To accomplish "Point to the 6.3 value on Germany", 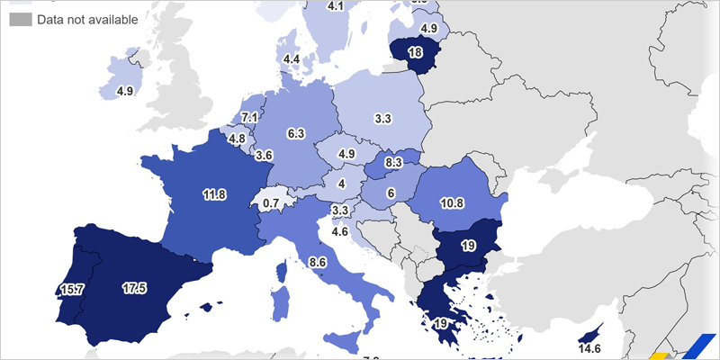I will tap(295, 133).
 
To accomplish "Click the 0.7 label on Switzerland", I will tap(270, 203).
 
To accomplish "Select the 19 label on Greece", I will tap(441, 323).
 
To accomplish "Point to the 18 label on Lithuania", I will tap(415, 52).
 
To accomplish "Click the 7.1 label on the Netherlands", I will tap(250, 118).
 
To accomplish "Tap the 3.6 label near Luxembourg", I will tap(264, 155).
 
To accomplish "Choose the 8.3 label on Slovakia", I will tap(392, 163).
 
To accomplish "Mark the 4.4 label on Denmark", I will tap(291, 59).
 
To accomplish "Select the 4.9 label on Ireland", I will tap(125, 91).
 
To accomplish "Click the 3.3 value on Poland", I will tap(382, 118).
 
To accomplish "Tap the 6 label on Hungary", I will tap(391, 193).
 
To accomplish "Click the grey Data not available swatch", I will tap(20, 19).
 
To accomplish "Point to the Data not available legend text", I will tap(87, 19).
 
